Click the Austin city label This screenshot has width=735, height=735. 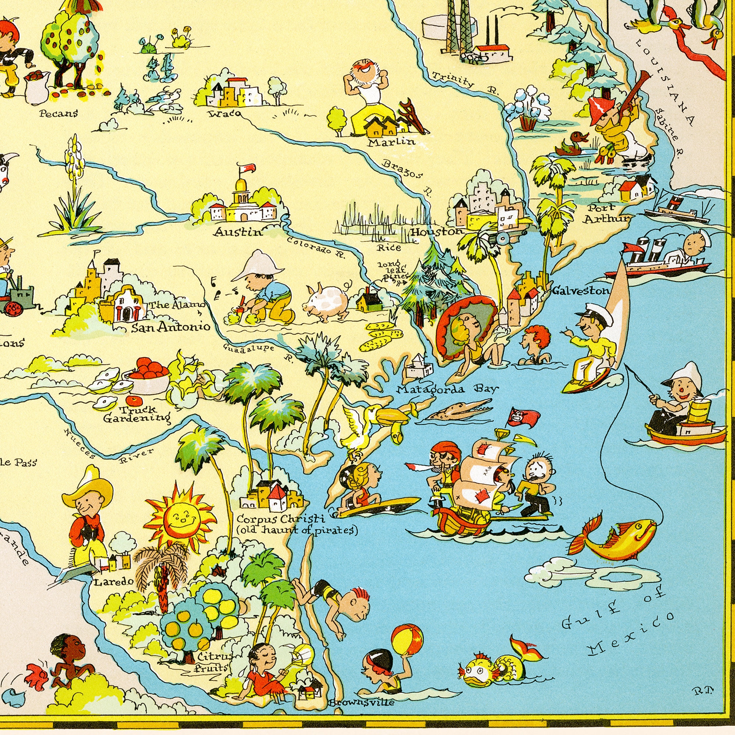[x=238, y=232]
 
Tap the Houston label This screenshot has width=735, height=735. [x=437, y=232]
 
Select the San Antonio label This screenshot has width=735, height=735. [x=171, y=326]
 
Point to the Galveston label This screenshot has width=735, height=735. [x=581, y=291]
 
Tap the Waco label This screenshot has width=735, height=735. [x=225, y=113]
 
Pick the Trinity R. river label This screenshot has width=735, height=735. [x=465, y=83]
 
